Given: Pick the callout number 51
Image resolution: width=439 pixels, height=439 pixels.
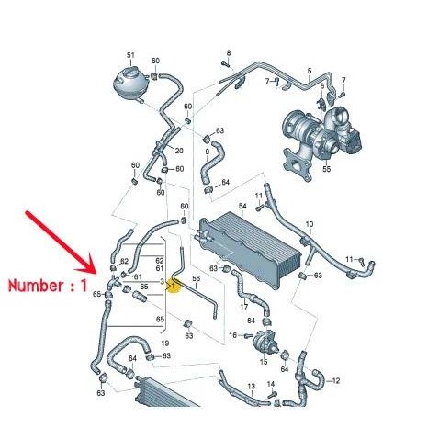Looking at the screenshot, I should (x=130, y=55).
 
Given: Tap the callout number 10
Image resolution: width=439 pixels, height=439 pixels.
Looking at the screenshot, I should (x=310, y=224).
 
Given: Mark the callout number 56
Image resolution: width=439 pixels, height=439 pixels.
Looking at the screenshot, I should (x=196, y=278).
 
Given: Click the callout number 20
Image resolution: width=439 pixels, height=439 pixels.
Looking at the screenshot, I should (x=179, y=152).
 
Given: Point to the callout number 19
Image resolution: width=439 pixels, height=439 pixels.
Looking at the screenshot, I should (x=165, y=343).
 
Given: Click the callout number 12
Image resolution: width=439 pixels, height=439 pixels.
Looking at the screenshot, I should (x=335, y=379).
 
